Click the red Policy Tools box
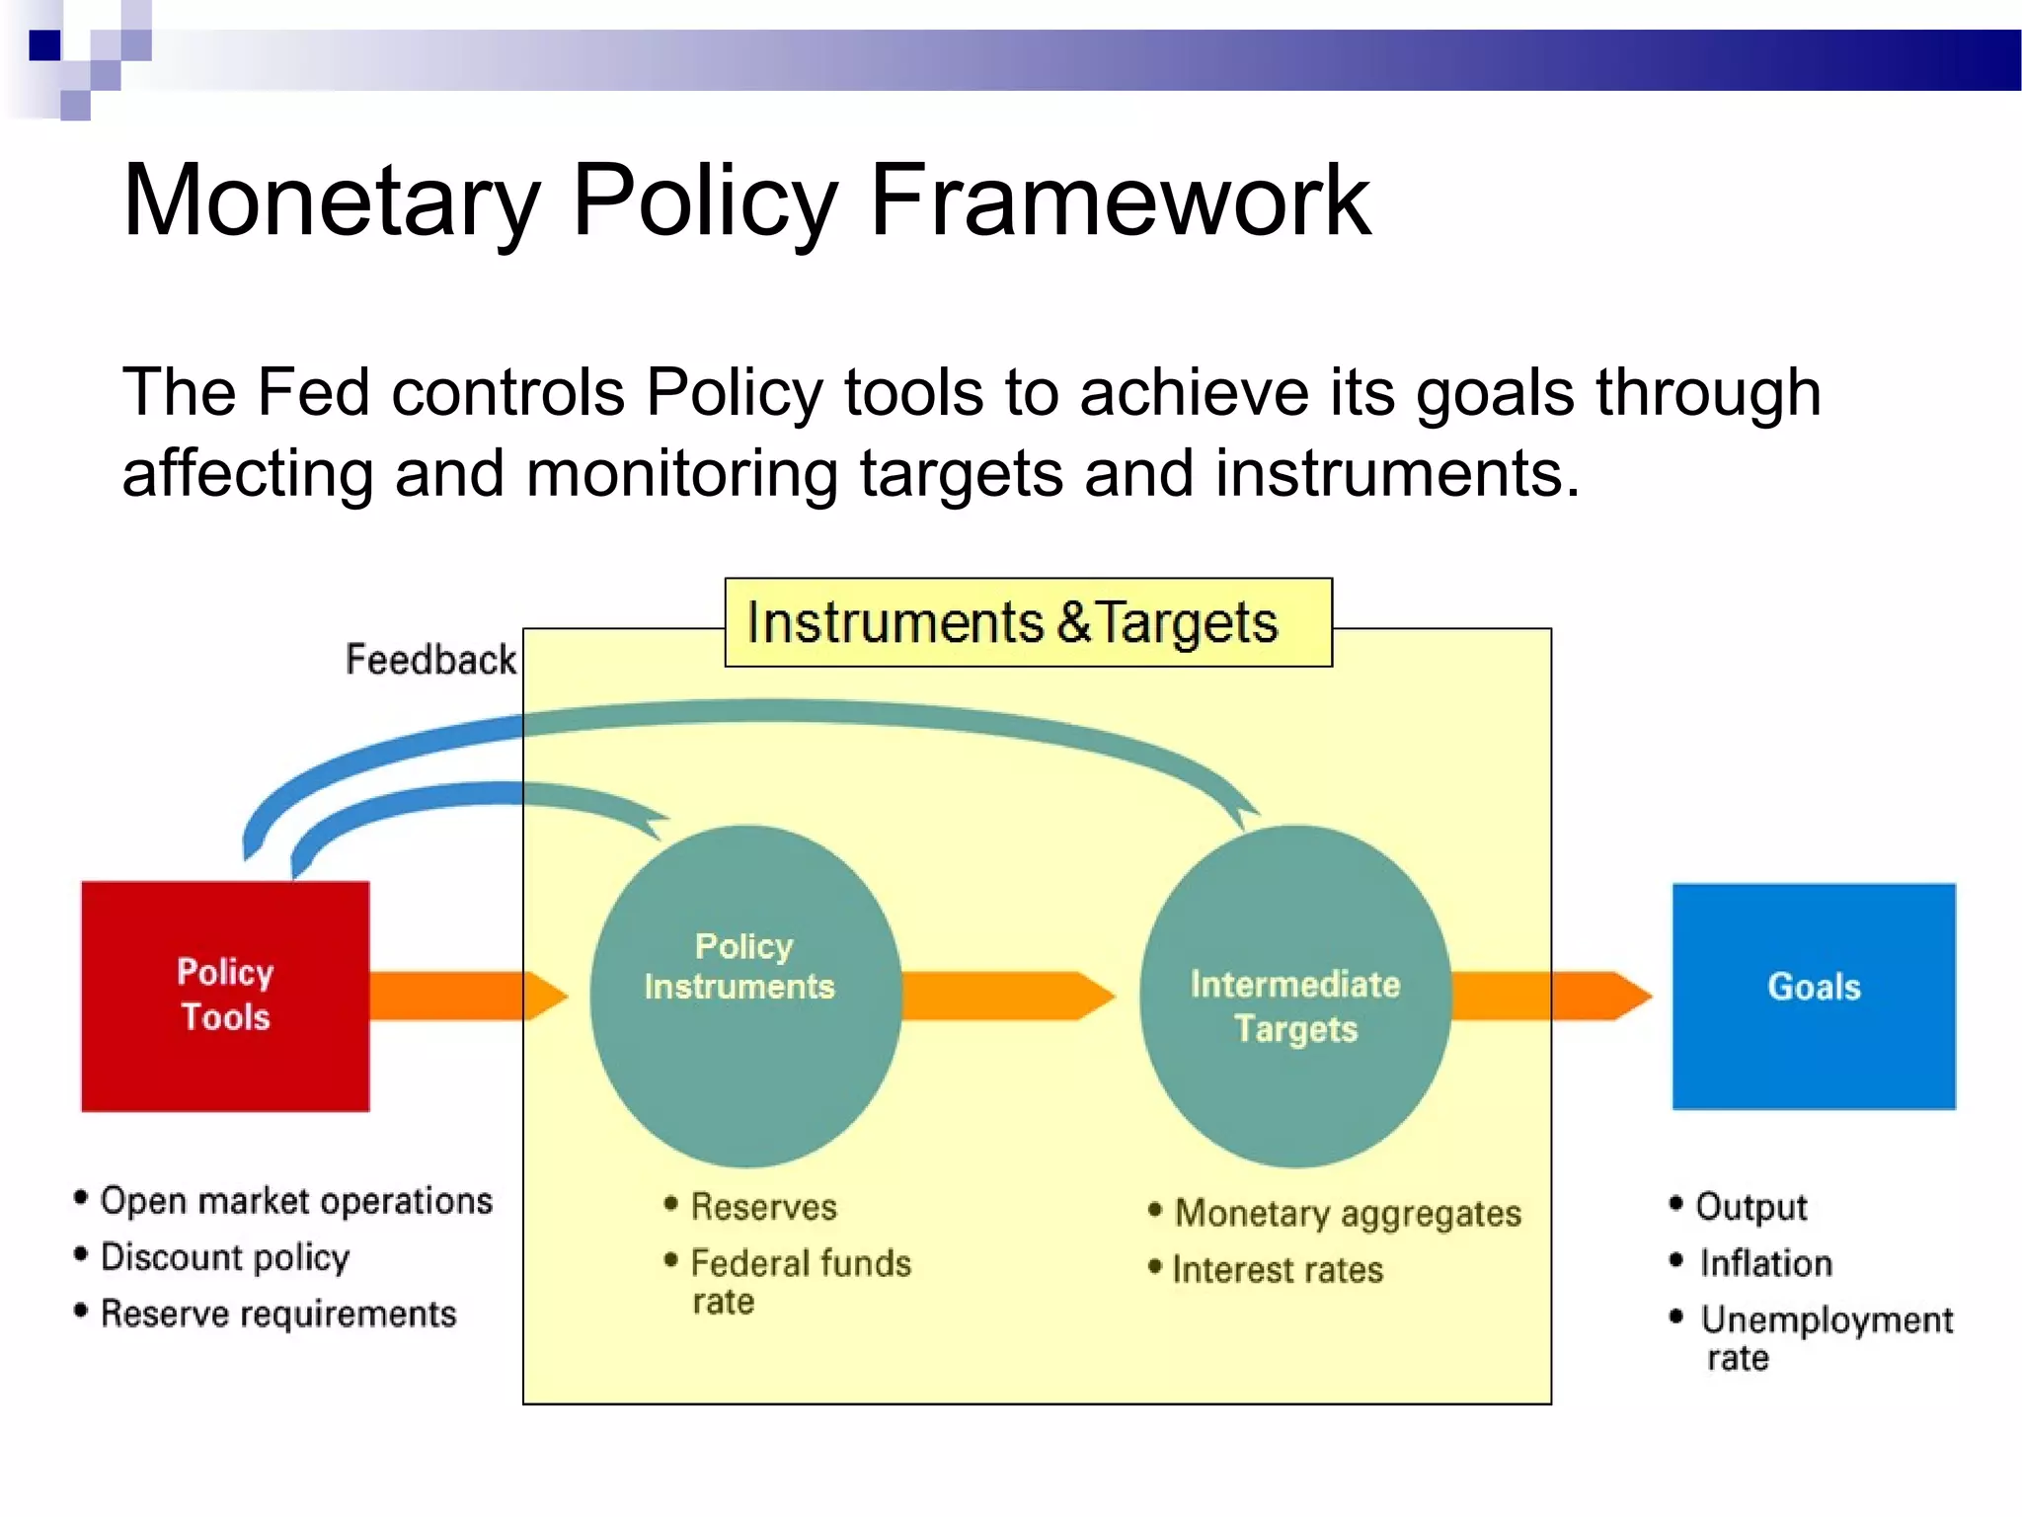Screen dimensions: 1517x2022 pyautogui.click(x=225, y=996)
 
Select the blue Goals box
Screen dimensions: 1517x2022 pyautogui.click(x=1813, y=996)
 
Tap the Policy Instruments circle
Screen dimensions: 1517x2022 pyautogui.click(x=745, y=996)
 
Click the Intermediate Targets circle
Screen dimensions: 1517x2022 pyautogui.click(x=1294, y=996)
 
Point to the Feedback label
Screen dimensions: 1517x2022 pyautogui.click(x=430, y=660)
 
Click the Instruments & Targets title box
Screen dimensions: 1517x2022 pyautogui.click(x=1027, y=623)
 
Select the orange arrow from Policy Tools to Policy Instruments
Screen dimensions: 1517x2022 pyautogui.click(x=464, y=996)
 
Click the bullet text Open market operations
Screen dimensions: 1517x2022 pyautogui.click(x=295, y=1201)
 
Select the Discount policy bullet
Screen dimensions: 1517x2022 pyautogui.click(x=225, y=1257)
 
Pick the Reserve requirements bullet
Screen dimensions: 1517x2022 pyautogui.click(x=277, y=1314)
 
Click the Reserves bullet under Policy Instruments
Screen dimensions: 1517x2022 pyautogui.click(x=762, y=1207)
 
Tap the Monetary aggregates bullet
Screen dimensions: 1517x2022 pyautogui.click(x=1347, y=1214)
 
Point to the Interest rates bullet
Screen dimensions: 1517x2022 pyautogui.click(x=1277, y=1270)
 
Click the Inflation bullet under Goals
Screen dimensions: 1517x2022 pyautogui.click(x=1764, y=1263)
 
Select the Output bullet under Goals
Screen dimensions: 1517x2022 pyautogui.click(x=1750, y=1207)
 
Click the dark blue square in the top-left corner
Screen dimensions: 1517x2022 pyautogui.click(x=44, y=45)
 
